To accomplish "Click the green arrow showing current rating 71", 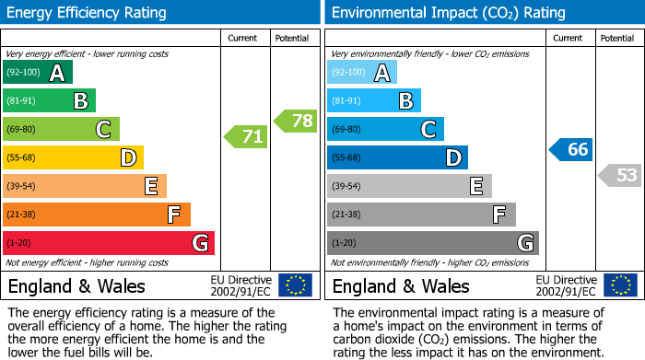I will (246, 137).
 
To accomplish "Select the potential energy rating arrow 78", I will (296, 121).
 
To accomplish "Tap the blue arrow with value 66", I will (571, 149).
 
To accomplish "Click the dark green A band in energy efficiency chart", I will (38, 73).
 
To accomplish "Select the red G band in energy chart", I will (109, 243).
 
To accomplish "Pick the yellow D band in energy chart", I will (74, 157).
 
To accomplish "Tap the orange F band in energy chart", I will (97, 215).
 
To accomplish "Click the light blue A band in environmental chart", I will (362, 73).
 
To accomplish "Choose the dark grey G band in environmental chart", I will (432, 243).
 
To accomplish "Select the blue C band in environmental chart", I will (385, 129).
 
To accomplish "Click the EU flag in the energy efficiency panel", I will (295, 285).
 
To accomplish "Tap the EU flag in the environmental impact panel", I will (620, 285).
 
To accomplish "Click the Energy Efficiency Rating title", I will (88, 13).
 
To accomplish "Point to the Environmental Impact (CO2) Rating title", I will (448, 13).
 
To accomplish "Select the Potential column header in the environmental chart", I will (617, 38).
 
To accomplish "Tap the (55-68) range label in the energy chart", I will (23, 158).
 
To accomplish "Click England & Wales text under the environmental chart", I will (401, 285).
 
